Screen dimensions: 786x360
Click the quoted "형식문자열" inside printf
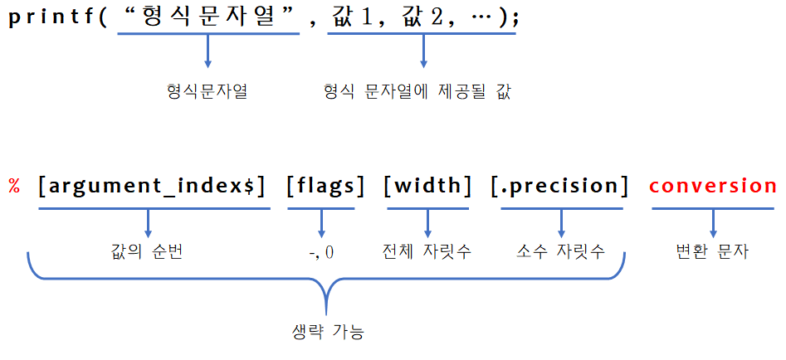208,17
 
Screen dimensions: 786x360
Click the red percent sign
14,186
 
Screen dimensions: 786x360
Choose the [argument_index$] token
152,186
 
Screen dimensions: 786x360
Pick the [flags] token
325,186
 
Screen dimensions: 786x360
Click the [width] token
427,186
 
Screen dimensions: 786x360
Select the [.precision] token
559,186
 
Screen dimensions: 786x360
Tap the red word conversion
713,186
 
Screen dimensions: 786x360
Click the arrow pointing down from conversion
713,222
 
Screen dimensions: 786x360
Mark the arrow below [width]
427,222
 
